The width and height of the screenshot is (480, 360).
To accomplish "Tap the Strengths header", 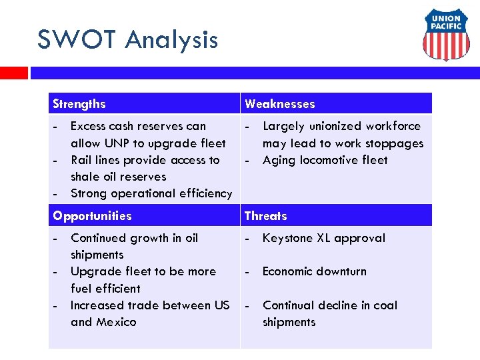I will point(79,104).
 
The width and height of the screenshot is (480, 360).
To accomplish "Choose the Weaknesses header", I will point(279,104).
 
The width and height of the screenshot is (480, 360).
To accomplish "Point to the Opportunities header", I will point(92,216).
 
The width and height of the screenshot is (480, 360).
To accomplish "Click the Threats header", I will point(265,216).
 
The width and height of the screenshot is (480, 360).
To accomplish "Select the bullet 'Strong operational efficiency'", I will point(151,193).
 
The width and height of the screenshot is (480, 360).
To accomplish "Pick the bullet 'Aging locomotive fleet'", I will point(325,160).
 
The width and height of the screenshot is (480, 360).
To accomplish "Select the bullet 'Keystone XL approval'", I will point(323,238).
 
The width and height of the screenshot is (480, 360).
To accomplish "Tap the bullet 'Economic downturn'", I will point(314,271).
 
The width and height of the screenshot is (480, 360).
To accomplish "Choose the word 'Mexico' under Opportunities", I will point(116,322).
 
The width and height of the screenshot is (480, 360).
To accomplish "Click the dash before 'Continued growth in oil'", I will point(57,238).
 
